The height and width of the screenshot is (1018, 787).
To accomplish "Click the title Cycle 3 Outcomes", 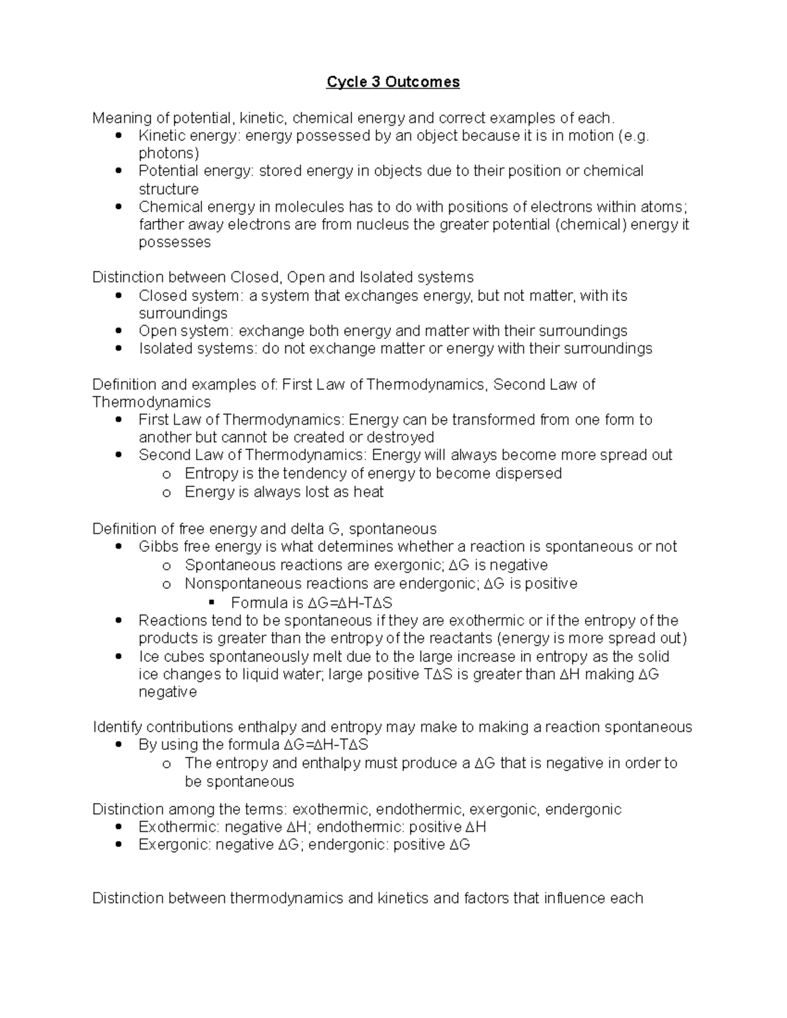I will [393, 82].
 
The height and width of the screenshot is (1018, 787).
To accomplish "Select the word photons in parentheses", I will [167, 153].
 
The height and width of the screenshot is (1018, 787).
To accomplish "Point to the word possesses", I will [174, 243].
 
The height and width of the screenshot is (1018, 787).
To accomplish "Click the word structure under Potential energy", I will [169, 189].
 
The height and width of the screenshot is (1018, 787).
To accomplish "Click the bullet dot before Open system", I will [118, 331].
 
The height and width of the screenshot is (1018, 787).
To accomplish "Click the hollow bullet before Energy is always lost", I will [167, 493].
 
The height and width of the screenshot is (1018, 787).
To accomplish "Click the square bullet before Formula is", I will [211, 602].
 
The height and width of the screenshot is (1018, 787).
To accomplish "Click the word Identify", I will [117, 727].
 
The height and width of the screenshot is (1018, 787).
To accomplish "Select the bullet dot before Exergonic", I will [118, 846].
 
